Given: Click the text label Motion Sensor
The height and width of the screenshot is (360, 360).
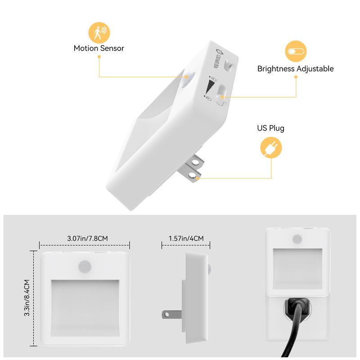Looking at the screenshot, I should pyautogui.click(x=99, y=48).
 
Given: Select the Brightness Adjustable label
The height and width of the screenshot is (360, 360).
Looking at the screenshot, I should pyautogui.click(x=296, y=69).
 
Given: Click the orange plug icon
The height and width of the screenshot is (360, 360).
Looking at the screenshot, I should pyautogui.click(x=271, y=148).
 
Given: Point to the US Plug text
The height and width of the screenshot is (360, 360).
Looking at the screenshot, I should pyautogui.click(x=271, y=128).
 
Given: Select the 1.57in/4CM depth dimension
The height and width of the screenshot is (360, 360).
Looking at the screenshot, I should pyautogui.click(x=186, y=238).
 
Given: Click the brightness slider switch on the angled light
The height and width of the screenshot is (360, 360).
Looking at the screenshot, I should pyautogui.click(x=220, y=94).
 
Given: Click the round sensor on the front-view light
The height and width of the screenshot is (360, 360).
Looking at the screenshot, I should pyautogui.click(x=84, y=266).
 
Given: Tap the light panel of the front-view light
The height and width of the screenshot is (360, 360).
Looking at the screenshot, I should pyautogui.click(x=85, y=305).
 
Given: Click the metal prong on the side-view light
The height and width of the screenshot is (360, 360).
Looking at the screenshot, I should pyautogui.click(x=171, y=314).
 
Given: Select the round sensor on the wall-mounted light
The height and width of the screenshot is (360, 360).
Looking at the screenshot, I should pyautogui.click(x=297, y=239).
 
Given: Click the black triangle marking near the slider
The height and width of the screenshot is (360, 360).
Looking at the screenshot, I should pyautogui.click(x=210, y=85).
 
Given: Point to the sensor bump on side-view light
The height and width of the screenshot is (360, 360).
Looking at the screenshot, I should pyautogui.click(x=209, y=270).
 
